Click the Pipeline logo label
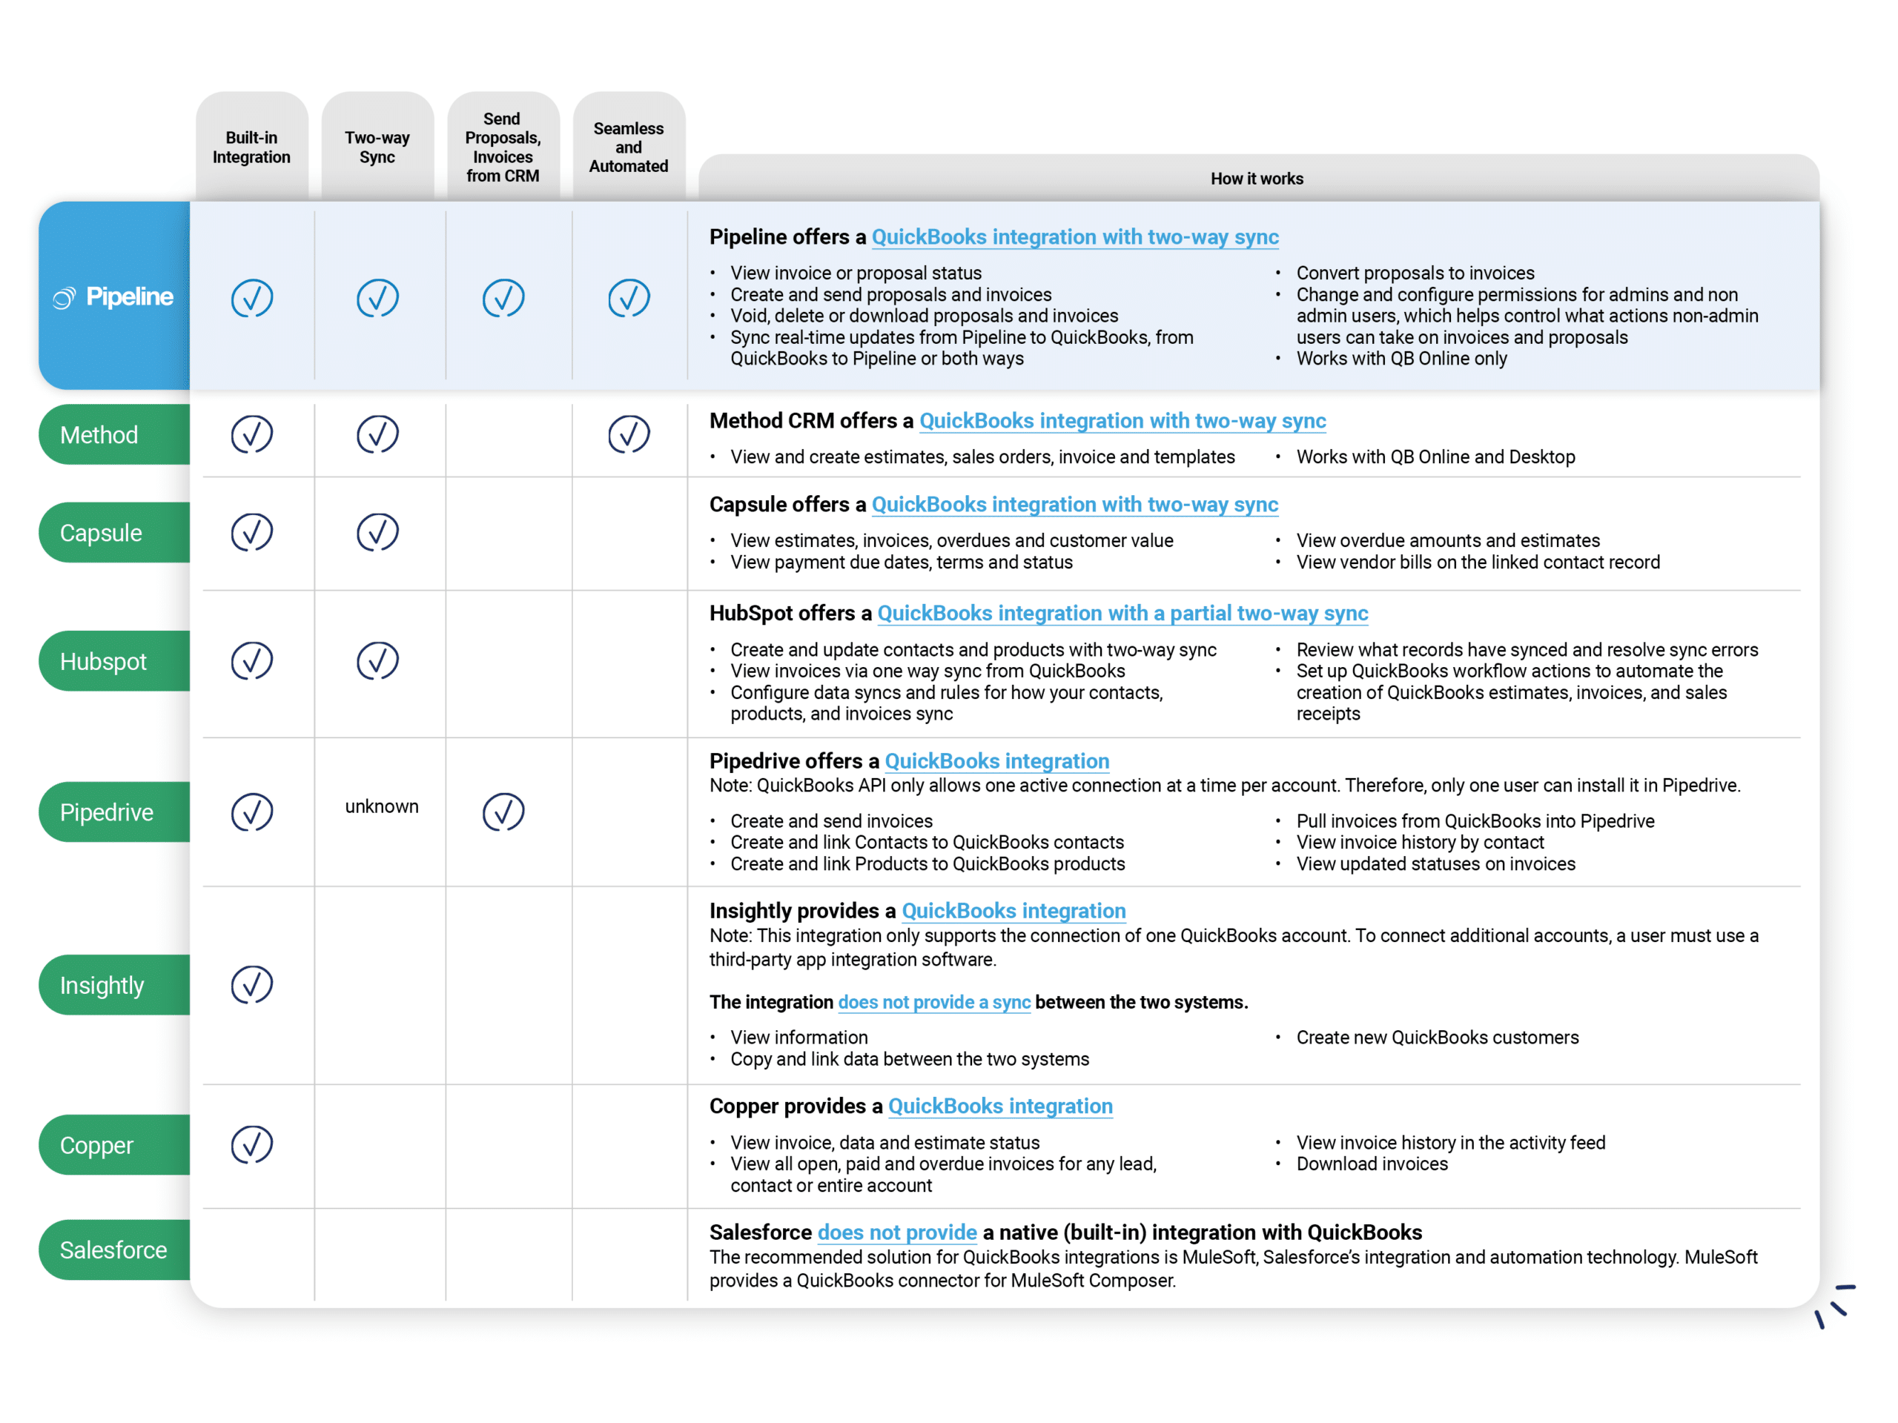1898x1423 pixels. (114, 296)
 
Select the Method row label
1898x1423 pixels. (99, 435)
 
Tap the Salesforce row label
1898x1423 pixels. (113, 1250)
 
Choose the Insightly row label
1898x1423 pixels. (102, 985)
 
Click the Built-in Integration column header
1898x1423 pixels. (251, 147)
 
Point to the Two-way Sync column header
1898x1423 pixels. (377, 147)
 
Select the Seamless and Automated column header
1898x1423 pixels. (629, 147)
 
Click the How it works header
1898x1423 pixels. (1256, 179)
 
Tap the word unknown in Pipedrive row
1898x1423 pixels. (382, 806)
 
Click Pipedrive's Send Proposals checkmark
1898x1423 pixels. (503, 812)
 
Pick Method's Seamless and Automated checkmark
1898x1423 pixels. (629, 434)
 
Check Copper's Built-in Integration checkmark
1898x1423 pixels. (252, 1144)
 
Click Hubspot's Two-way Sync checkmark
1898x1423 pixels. (377, 660)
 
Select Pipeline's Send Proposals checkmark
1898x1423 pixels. (503, 298)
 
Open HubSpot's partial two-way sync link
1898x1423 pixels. (1122, 613)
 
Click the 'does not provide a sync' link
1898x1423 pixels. (933, 1002)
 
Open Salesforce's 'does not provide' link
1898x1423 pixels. (896, 1233)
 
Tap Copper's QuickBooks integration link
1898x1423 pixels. (999, 1107)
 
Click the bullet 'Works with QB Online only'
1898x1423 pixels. (1401, 359)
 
